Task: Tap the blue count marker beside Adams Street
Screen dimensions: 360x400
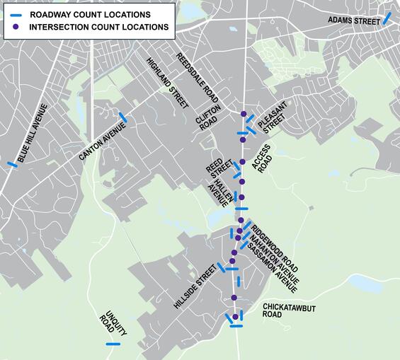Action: pos(387,18)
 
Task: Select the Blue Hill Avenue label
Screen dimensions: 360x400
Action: pos(32,133)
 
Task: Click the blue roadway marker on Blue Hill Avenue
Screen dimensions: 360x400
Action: pos(12,165)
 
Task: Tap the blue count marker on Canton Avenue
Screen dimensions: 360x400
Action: pos(123,117)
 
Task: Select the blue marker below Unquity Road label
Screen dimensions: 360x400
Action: pos(113,344)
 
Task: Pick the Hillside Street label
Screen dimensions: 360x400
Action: pos(194,287)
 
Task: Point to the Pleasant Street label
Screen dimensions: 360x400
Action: pos(272,117)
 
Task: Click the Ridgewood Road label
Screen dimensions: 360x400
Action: pos(275,249)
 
